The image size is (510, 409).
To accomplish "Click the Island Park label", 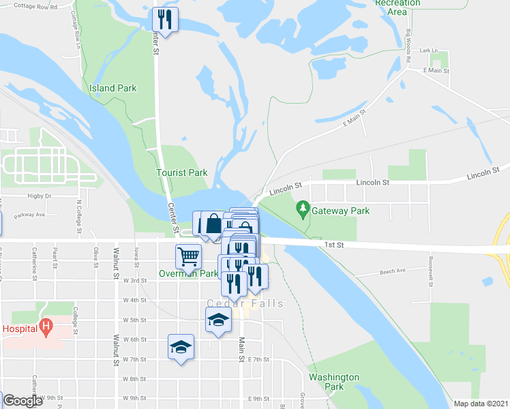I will pos(113,88).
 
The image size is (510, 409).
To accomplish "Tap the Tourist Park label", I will pos(181,173).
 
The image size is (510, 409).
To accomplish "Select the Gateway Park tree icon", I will pos(302,207).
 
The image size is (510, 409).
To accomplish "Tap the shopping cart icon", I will pos(188,256).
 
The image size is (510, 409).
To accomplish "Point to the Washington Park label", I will pos(333,382).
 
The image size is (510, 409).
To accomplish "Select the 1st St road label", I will pos(333,244).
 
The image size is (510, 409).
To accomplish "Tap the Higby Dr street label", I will pos(40,196).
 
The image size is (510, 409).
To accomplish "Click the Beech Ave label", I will pos(392,271).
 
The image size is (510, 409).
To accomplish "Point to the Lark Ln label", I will pos(428,50).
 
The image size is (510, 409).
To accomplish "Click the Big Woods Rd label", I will pos(408,46).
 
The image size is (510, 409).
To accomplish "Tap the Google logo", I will pos(22,402).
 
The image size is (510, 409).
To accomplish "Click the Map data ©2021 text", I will pos(481,404).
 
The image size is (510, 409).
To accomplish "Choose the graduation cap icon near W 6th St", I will pos(181,346).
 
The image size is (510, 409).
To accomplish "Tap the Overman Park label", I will pos(189,274).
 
